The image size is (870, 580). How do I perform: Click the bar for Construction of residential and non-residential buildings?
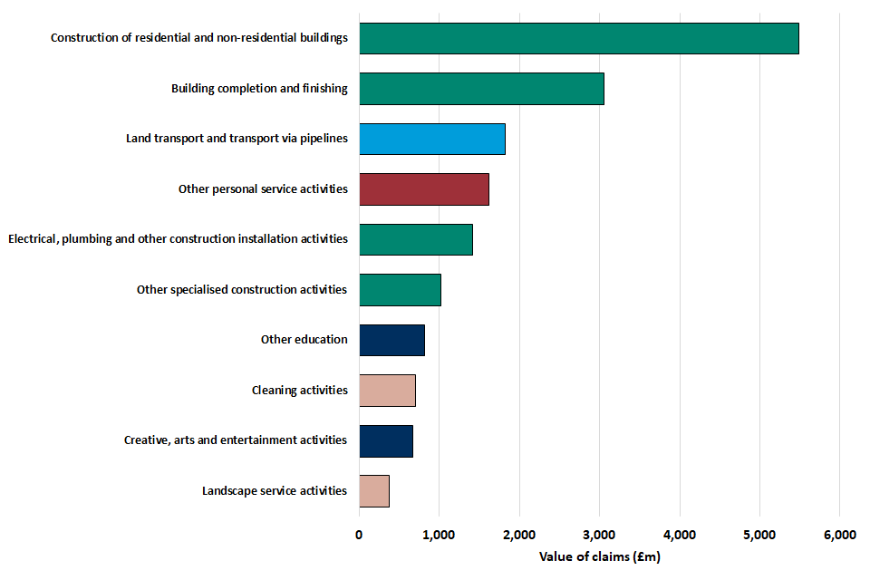pos(578,39)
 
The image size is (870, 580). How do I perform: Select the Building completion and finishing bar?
pos(481,89)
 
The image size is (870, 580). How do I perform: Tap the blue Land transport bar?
pos(431,140)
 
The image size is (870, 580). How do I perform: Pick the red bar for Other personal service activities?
pos(423,189)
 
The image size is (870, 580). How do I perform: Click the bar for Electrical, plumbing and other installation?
pos(415,239)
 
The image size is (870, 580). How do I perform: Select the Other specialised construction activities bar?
pos(400,290)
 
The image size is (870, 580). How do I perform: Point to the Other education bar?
pos(391,340)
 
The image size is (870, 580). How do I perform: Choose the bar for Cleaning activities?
pos(387,390)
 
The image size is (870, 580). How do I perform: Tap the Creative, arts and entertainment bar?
pos(386,440)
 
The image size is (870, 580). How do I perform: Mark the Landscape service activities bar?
pos(374,490)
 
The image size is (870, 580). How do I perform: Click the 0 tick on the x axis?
pos(359,536)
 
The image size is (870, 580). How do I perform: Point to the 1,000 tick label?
pos(439,536)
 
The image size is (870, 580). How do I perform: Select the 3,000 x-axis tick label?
pos(599,536)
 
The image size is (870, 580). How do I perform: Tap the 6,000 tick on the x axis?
pos(839,536)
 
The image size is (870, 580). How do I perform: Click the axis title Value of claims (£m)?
pos(599,557)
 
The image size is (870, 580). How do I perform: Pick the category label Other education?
pos(304,340)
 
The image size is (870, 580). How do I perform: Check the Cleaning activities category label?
pos(299,391)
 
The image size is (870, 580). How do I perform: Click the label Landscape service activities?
pos(275,491)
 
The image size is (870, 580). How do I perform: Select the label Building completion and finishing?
pos(259,89)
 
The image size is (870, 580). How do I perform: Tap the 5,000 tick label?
pos(759,536)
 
